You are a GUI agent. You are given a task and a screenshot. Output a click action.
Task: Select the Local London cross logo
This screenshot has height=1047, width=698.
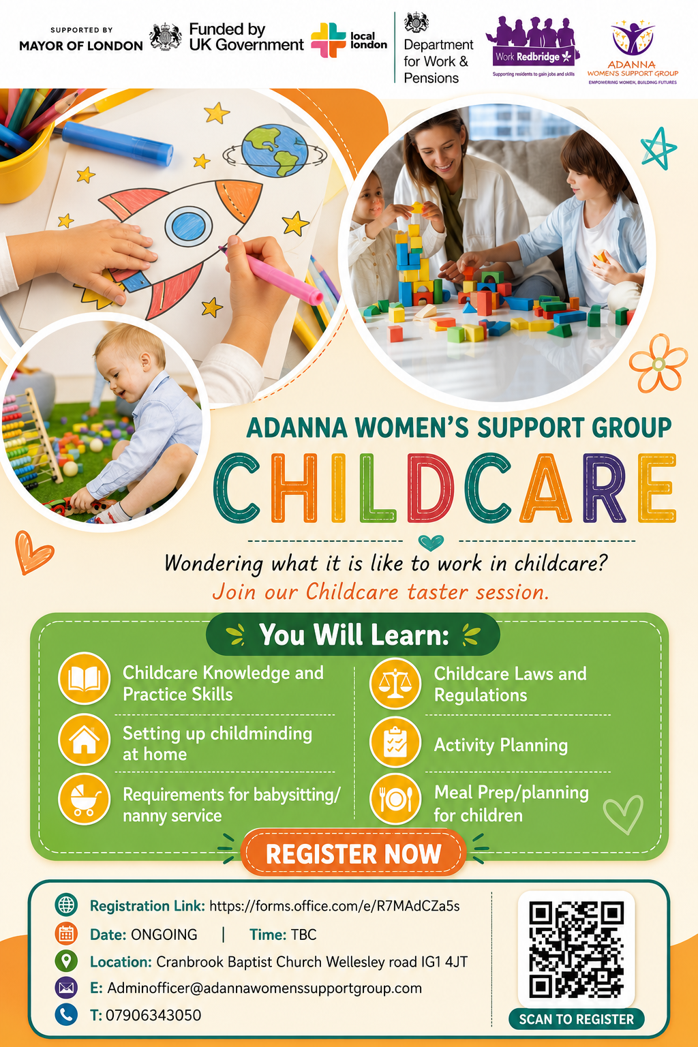point(328,40)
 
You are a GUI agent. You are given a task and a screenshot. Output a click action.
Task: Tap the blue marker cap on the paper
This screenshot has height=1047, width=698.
point(117,144)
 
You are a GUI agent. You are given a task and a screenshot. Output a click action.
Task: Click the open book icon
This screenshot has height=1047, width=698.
point(84,678)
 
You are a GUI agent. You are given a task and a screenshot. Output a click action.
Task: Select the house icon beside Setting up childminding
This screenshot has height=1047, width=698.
point(84,740)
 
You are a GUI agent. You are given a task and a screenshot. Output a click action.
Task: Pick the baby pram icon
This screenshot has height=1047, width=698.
point(84,799)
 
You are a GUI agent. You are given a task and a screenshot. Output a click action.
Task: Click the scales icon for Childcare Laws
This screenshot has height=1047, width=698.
point(395,683)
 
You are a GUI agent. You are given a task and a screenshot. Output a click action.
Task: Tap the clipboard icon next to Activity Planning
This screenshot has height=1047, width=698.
point(395,742)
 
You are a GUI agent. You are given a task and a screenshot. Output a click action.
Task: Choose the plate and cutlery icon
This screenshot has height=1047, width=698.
point(395,799)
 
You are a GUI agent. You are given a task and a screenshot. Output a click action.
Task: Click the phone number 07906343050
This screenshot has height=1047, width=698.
point(153,1015)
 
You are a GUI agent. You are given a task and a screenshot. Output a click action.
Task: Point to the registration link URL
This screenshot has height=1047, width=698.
point(334,907)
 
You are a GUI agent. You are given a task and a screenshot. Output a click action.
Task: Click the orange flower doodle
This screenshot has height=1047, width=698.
point(658,363)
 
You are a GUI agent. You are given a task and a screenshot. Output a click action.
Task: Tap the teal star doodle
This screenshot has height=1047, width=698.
point(658,149)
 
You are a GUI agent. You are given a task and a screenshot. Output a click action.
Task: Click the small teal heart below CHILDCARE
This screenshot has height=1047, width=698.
point(431,543)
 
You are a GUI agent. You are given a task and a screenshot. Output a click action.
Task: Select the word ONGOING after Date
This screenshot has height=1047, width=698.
point(164,935)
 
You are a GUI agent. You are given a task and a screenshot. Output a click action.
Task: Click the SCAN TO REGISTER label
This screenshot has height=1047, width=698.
point(577,1020)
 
